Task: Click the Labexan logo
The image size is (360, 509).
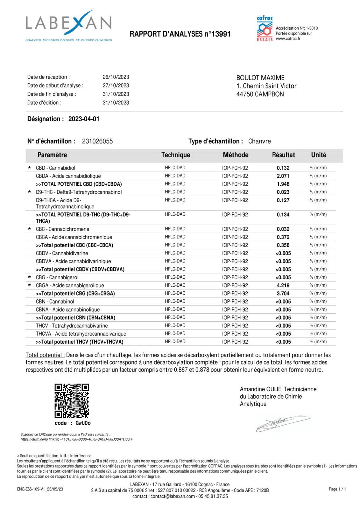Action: [69, 25]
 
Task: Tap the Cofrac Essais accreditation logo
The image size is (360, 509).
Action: [265, 29]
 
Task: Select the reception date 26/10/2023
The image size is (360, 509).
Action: [116, 77]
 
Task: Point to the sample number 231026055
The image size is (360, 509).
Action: [97, 141]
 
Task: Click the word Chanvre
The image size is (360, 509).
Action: [259, 141]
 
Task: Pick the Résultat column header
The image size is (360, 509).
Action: [283, 155]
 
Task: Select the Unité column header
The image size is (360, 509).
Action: [318, 155]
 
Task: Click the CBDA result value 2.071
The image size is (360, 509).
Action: [283, 176]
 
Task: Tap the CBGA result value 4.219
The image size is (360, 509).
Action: [283, 285]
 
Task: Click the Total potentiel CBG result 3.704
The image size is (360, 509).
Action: [283, 294]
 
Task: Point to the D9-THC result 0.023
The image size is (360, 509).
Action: [283, 192]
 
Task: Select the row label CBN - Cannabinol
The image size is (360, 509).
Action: [55, 302]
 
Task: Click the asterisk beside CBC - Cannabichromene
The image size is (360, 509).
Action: [30, 229]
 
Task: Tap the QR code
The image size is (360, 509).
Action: [72, 401]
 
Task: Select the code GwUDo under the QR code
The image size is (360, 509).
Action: [83, 423]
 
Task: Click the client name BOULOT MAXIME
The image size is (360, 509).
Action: [260, 78]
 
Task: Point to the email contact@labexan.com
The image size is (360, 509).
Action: [173, 496]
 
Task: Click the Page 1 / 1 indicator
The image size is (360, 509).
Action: [337, 489]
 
